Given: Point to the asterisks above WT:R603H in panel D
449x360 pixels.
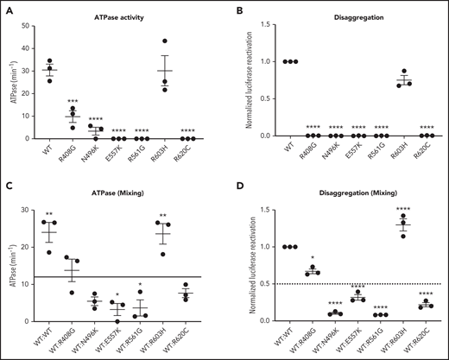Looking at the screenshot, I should point(402,231).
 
